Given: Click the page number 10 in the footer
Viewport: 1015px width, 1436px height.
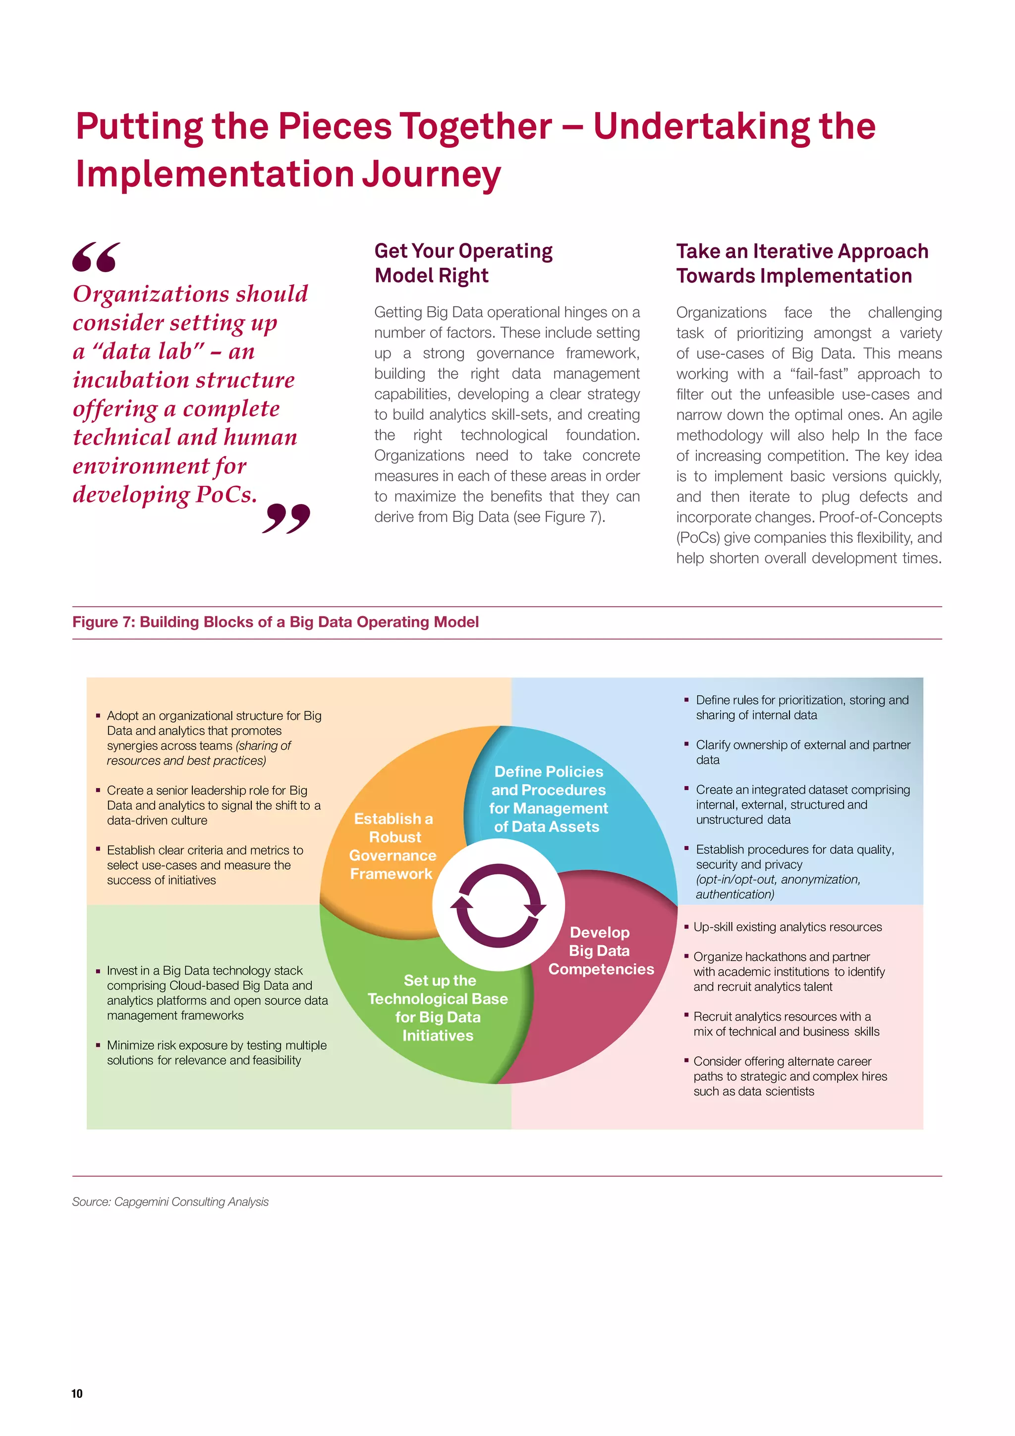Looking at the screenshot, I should coord(77,1393).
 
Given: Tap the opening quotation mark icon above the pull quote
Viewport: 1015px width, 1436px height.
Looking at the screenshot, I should coord(96,257).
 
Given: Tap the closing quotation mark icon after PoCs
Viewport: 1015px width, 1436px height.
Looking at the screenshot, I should coord(286,518).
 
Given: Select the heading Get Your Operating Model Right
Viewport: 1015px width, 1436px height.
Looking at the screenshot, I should coord(463,263).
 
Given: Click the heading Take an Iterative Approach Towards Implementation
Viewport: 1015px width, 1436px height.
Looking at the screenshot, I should coord(802,263).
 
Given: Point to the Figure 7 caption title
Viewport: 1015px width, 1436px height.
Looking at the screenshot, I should coord(275,622).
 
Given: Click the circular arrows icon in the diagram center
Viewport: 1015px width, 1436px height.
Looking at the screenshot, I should coord(499,905).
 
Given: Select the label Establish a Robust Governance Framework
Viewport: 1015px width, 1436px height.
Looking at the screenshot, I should coord(392,846).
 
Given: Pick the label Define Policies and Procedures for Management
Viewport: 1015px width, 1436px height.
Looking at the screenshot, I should coord(549,799).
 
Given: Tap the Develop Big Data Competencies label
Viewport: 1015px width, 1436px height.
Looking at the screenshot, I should coord(600,950).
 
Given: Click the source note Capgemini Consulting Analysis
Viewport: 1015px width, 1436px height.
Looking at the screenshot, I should coord(170,1202).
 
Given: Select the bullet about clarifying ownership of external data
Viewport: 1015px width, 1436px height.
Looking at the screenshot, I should coord(802,752).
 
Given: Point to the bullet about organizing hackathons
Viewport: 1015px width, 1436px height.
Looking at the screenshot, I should coord(789,972).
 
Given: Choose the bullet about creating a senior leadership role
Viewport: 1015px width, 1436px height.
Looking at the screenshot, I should coord(213,805).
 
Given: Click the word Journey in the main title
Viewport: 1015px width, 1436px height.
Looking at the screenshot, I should coord(432,174).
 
